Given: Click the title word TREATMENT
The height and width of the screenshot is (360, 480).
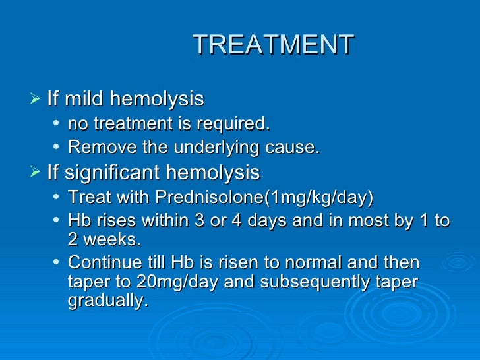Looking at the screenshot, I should point(273,45).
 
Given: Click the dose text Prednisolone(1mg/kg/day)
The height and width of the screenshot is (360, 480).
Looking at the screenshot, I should point(264,197).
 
